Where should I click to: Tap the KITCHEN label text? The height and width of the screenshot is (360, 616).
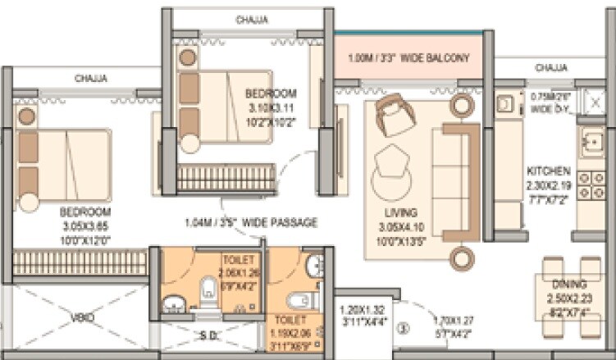549,171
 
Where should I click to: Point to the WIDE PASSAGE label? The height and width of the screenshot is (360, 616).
251,222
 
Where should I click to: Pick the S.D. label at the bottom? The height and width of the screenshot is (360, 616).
209,336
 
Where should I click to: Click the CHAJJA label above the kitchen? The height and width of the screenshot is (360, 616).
550,67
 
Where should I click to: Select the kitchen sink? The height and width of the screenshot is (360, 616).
591,144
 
